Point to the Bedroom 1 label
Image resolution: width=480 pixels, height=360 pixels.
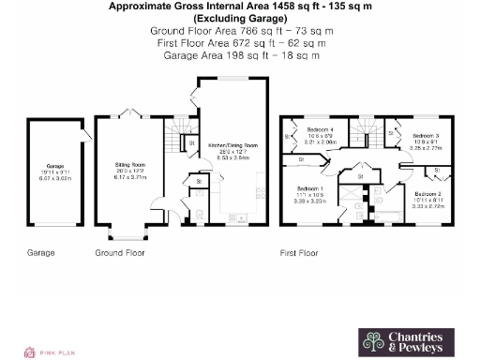[x=309, y=192]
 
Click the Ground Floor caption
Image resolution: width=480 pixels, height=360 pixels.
[x=120, y=253]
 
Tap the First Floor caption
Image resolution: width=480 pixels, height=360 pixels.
[x=300, y=253]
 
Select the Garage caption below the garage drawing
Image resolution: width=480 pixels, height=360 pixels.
[x=40, y=253]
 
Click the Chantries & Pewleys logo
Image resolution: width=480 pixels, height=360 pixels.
[x=401, y=341]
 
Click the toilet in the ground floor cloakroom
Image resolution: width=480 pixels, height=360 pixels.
[x=199, y=215]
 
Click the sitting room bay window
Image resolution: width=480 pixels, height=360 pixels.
[x=124, y=233]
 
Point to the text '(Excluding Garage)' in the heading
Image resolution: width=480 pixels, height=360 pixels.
[x=239, y=18]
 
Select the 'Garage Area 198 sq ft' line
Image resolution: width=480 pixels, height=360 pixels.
[x=239, y=54]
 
